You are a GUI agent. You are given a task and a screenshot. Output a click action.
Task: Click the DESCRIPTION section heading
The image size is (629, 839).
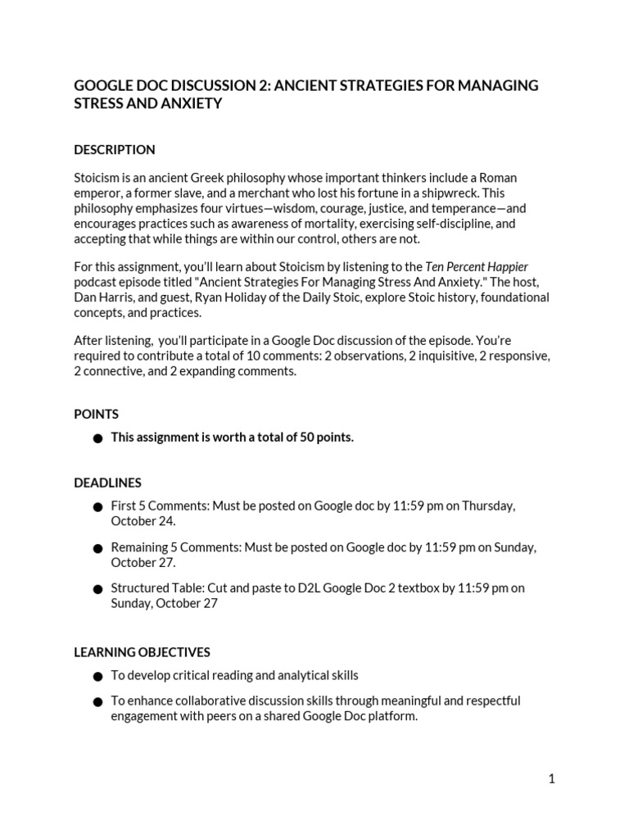[114, 150]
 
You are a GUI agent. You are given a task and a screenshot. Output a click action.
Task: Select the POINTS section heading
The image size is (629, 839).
[96, 415]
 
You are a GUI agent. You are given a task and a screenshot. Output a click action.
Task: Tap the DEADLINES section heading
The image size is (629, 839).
[107, 483]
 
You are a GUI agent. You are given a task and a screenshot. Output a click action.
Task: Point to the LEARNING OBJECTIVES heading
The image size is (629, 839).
[142, 652]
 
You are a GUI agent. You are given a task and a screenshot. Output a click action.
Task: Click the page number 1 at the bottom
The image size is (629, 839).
[551, 779]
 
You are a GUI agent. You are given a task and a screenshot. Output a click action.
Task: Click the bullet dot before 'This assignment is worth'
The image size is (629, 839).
[97, 438]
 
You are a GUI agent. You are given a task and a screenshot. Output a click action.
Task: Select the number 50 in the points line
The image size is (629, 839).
[307, 438]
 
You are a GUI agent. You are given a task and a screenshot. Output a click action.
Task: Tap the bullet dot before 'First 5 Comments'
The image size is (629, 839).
[97, 507]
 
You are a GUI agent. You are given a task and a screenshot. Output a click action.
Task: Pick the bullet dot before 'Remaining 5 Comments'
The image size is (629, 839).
[97, 548]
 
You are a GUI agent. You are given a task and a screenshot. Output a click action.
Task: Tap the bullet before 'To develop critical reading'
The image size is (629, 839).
[97, 677]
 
